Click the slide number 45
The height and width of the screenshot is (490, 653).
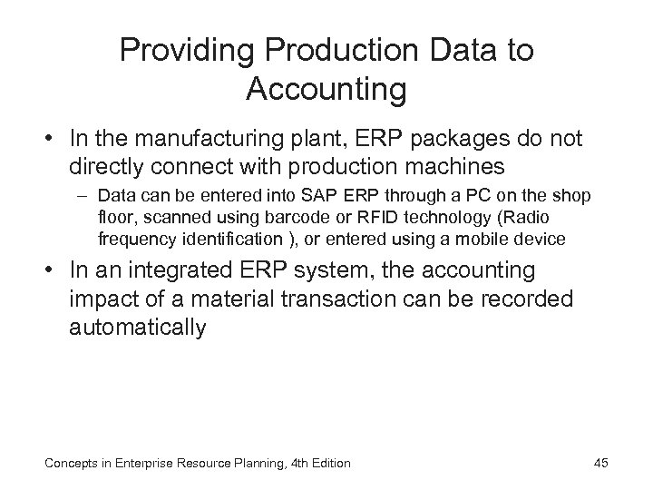point(599,464)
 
